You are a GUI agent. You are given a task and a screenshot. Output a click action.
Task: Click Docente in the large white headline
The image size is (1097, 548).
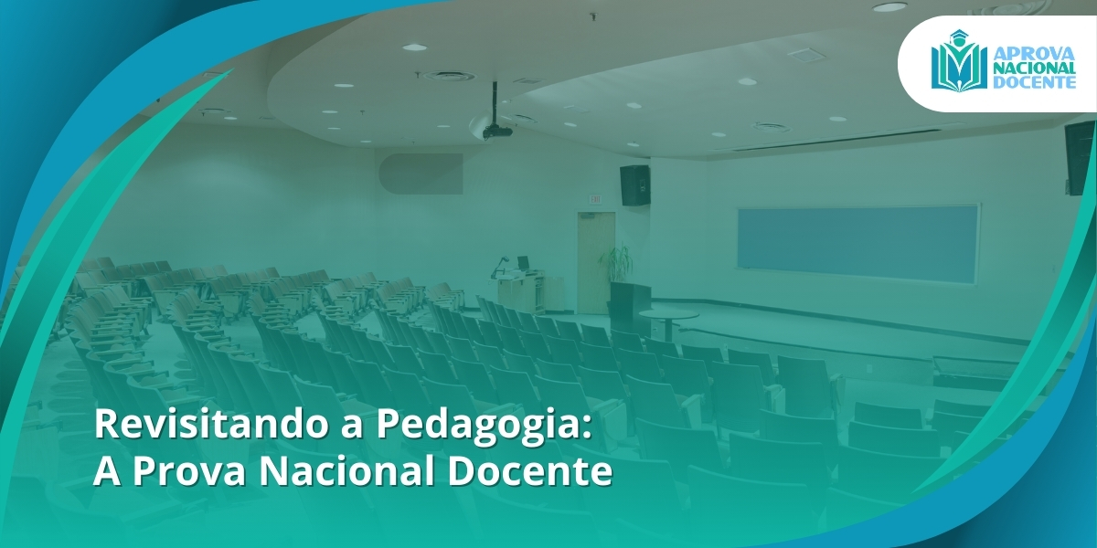[x=531, y=472]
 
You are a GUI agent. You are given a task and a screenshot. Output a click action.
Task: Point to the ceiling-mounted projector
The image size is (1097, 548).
[x=496, y=130]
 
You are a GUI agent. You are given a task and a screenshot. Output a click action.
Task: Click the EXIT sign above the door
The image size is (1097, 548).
[x=595, y=198]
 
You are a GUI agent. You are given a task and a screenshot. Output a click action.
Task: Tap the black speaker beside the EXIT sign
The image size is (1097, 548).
[x=634, y=184]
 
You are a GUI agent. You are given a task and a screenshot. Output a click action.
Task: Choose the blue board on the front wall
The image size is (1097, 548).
[x=857, y=244]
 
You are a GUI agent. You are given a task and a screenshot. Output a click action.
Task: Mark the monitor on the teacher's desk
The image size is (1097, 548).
[x=523, y=263]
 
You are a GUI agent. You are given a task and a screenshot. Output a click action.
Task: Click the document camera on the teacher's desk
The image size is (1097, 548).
[x=499, y=266]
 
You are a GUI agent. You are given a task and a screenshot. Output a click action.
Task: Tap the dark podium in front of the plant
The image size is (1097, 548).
[x=629, y=301]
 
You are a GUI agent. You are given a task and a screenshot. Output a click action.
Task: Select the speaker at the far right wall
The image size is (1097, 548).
[x=1079, y=156]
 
